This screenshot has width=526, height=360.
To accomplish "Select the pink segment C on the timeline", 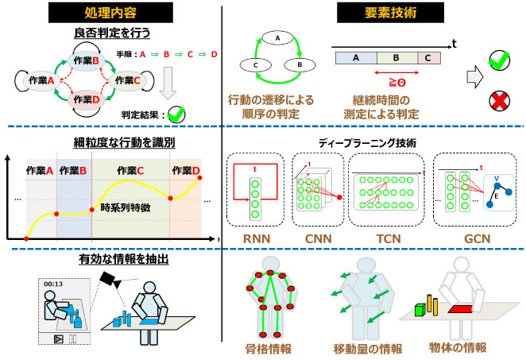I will (x=426, y=58).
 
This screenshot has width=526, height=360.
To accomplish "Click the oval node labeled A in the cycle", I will (x=277, y=36).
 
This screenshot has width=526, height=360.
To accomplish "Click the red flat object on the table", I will (x=459, y=308).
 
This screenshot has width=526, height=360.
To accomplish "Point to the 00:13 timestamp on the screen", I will (x=53, y=283).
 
